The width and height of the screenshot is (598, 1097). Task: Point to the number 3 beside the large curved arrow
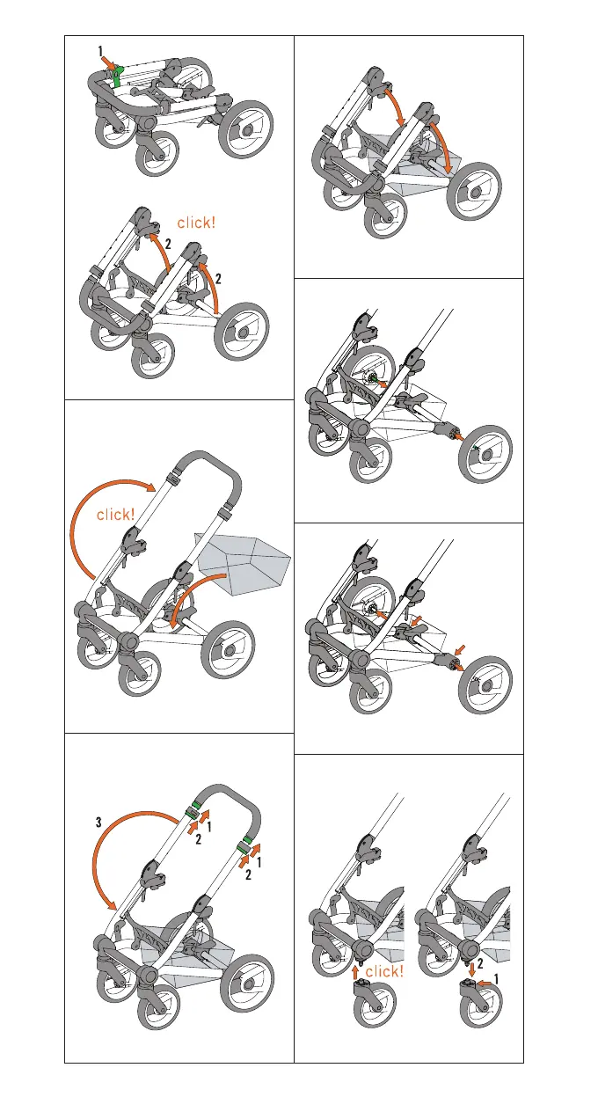point(99,823)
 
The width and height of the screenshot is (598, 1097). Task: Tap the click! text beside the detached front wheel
point(383,971)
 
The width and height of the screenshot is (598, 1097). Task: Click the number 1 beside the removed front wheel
point(497,977)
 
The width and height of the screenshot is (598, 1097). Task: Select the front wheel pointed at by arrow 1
point(478,1010)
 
